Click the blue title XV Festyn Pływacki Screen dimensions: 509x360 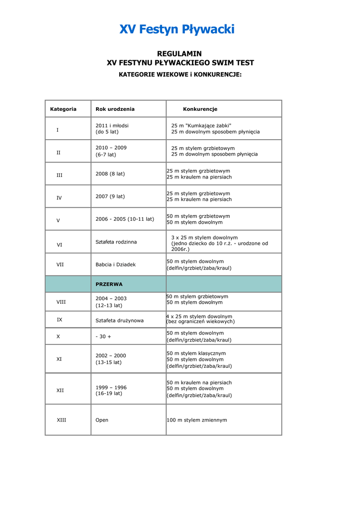177,30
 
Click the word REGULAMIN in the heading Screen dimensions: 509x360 180,54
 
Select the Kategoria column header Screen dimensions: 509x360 63,109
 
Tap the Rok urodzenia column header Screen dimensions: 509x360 115,109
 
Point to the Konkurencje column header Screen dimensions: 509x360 200,109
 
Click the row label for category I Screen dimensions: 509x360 57,130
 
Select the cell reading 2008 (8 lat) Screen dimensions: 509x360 110,174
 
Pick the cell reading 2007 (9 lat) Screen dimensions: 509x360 110,196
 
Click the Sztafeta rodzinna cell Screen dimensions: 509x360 116,242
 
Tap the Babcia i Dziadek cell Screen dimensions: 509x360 115,265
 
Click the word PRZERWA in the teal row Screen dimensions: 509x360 109,284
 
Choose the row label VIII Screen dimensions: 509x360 61,302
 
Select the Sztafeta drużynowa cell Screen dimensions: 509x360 119,321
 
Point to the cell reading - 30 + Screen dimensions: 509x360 103,337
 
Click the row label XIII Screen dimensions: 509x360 61,420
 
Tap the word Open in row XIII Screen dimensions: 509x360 101,420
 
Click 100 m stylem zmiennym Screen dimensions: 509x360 197,420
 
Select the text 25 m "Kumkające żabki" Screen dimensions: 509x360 201,126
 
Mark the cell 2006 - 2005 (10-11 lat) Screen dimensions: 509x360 125,219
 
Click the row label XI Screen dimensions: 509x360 59,359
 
